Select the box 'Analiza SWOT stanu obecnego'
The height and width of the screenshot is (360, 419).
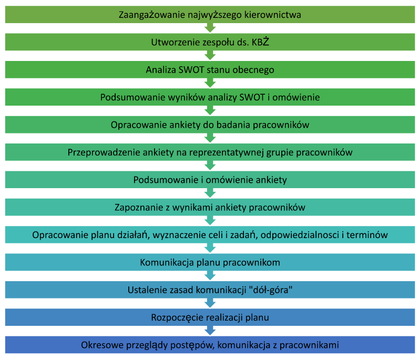click(210, 69)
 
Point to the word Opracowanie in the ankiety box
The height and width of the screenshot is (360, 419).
click(136, 125)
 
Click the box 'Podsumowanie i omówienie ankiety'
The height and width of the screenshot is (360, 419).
click(210, 180)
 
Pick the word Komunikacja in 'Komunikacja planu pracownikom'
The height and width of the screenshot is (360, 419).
click(166, 262)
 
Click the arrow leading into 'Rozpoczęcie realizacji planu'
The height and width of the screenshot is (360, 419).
click(210, 304)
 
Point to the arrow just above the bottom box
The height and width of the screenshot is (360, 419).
click(210, 331)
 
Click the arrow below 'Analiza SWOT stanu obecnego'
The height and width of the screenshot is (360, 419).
click(210, 83)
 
